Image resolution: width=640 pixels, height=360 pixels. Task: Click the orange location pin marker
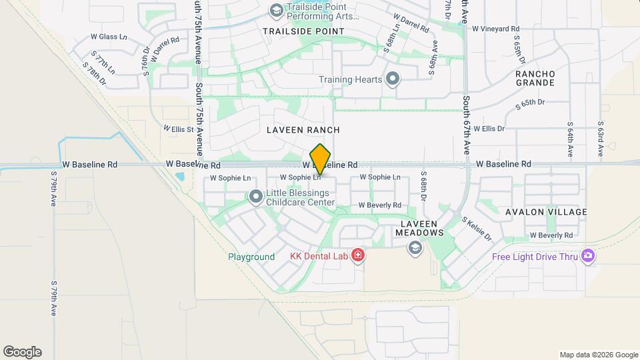pyautogui.click(x=321, y=159)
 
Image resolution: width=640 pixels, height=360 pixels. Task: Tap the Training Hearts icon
pyautogui.click(x=393, y=79)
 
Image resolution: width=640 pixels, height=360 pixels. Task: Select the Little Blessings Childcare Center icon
pyautogui.click(x=256, y=196)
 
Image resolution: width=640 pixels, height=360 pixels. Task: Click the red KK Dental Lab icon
pyautogui.click(x=358, y=256)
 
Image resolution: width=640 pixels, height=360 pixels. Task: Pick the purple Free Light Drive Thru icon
pyautogui.click(x=588, y=257)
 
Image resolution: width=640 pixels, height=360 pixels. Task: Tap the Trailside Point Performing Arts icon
pyautogui.click(x=276, y=11)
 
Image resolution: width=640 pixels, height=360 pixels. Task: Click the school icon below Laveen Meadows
pyautogui.click(x=415, y=248)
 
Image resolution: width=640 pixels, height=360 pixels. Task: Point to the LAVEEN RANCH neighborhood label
pyautogui.click(x=303, y=130)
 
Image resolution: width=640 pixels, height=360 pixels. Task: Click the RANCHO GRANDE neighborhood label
pyautogui.click(x=535, y=78)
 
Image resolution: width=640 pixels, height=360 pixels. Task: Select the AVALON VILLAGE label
pyautogui.click(x=546, y=212)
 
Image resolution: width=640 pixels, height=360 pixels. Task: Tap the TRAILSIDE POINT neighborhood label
pyautogui.click(x=303, y=31)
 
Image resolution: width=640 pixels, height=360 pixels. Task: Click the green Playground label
pyautogui.click(x=251, y=257)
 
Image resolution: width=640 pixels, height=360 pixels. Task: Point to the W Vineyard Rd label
pyautogui.click(x=495, y=29)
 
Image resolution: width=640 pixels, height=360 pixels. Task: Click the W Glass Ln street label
pyautogui.click(x=109, y=37)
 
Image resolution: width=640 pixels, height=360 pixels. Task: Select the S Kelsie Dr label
pyautogui.click(x=477, y=229)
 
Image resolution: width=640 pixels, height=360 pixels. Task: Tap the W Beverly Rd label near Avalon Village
pyautogui.click(x=551, y=235)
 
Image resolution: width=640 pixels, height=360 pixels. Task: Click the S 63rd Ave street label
pyautogui.click(x=601, y=139)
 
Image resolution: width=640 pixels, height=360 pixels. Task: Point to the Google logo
pyautogui.click(x=22, y=352)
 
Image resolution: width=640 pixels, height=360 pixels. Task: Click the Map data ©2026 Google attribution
pyautogui.click(x=598, y=355)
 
